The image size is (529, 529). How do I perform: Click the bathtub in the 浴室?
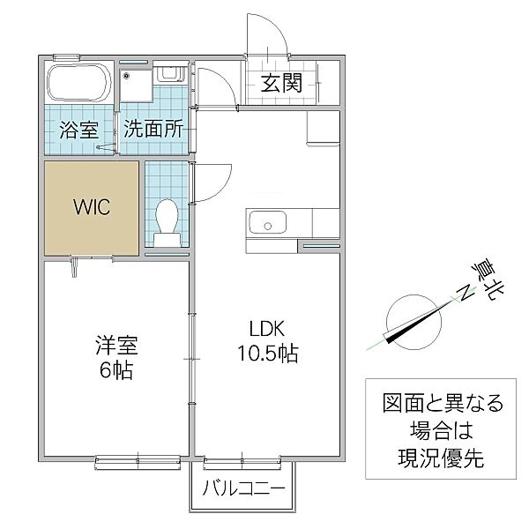tap(79, 83)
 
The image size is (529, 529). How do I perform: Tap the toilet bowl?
tap(167, 216)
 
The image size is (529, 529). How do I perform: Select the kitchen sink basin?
tap(267, 222)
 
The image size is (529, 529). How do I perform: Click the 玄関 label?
tap(281, 83)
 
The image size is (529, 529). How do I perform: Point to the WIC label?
tap(92, 207)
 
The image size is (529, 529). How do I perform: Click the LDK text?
tap(267, 328)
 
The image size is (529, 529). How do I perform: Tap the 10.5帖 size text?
tap(268, 354)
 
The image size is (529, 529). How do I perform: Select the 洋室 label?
tap(116, 345)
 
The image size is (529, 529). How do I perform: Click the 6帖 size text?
tap(116, 370)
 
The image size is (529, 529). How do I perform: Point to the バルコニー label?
tap(243, 488)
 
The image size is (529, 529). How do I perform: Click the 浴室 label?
tap(79, 130)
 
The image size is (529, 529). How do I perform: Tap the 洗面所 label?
tap(153, 128)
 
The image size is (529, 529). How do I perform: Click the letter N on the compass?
tap(466, 292)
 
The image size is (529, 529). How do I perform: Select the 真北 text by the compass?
tap(488, 279)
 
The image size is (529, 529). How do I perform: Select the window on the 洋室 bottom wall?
tap(138, 461)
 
